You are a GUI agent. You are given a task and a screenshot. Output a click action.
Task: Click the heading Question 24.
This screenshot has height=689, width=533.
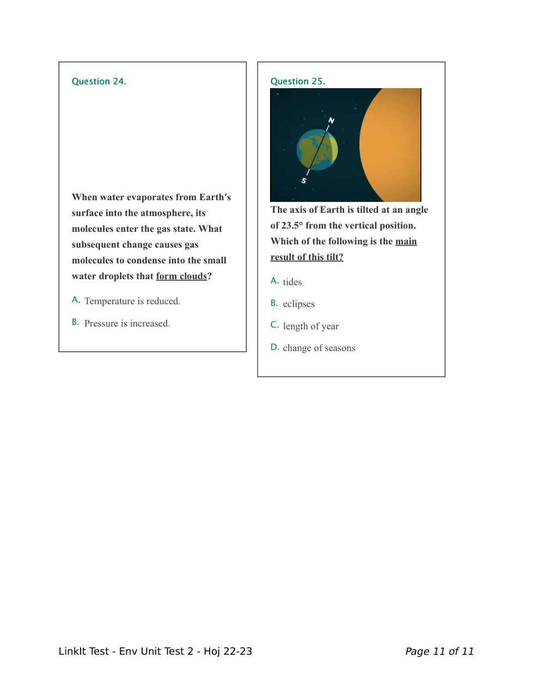pos(99,82)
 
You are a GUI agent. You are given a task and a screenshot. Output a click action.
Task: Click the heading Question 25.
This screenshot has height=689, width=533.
pos(297,82)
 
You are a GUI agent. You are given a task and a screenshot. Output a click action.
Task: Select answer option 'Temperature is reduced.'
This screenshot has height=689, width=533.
pos(132,301)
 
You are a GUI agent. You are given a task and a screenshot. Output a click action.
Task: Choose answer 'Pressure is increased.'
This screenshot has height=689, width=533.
pos(127,323)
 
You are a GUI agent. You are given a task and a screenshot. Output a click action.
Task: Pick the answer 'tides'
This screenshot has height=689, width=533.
pos(292,282)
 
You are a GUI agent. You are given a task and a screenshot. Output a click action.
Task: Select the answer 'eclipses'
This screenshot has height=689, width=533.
pos(298,304)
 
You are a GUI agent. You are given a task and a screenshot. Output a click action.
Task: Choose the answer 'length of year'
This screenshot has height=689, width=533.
pos(310,326)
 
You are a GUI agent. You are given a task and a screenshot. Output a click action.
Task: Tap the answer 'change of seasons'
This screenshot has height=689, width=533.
pos(318,348)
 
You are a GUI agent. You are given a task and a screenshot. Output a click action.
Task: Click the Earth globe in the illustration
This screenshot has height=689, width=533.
pos(317,150)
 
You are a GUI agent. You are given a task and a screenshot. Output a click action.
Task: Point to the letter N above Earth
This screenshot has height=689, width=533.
pos(331,120)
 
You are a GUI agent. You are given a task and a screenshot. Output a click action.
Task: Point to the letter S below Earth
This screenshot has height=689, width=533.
pos(304,181)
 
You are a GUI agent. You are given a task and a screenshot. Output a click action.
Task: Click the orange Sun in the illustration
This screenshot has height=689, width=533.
pos(392,144)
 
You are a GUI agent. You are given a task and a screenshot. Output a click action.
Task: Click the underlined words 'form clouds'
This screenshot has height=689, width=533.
pos(181,276)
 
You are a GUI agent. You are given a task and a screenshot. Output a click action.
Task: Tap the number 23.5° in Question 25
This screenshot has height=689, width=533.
pos(292,225)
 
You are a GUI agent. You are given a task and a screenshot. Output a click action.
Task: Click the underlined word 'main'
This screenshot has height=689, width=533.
pos(406,241)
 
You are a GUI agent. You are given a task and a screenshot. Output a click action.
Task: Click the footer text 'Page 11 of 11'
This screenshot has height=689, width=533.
pos(439,651)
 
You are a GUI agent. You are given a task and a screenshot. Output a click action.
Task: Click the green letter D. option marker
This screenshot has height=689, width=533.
pos(274,347)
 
